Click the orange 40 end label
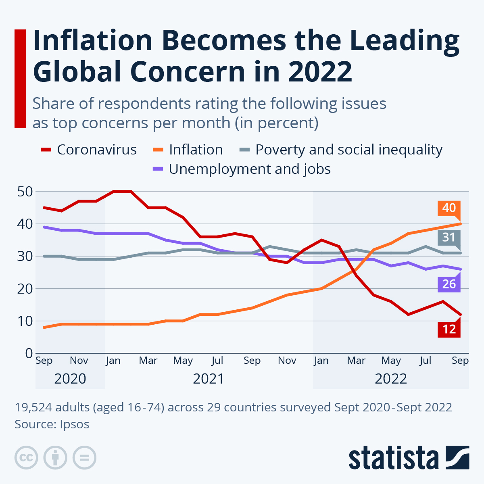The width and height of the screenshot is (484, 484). tap(449, 208)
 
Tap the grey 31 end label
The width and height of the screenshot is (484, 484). tap(449, 237)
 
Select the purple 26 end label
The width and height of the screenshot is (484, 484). tap(449, 284)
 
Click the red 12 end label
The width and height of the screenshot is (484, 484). tap(449, 329)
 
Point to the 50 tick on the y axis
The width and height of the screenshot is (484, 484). tap(25, 192)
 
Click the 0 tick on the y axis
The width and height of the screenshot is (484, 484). tap(29, 353)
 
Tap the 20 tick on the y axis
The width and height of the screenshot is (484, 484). tap(25, 289)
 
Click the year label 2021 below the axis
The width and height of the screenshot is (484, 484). tap(208, 379)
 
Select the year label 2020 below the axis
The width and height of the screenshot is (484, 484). tap(70, 379)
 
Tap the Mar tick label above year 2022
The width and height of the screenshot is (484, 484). tap(356, 360)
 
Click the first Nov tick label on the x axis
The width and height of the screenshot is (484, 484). tap(79, 360)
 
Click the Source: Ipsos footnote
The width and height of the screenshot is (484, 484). tap(52, 424)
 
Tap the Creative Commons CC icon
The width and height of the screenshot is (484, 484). tap(26, 458)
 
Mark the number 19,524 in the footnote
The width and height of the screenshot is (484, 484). tap(33, 407)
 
